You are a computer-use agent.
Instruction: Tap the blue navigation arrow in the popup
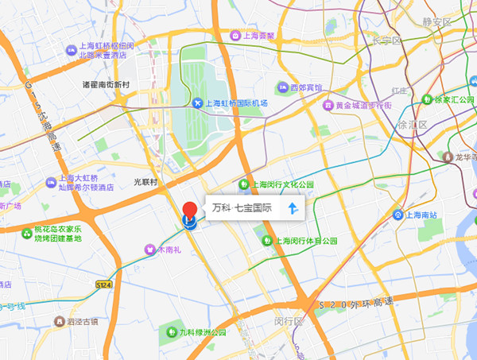[293, 209]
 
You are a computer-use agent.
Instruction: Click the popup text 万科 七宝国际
[242, 209]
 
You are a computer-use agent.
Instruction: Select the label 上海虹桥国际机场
[237, 103]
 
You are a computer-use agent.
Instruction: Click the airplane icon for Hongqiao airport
[198, 103]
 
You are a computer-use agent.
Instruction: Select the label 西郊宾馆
[306, 87]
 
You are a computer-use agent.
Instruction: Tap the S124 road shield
[103, 285]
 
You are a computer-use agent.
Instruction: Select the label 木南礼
[169, 250]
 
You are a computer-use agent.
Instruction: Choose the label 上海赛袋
[258, 36]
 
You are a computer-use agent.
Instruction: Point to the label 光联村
[145, 182]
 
